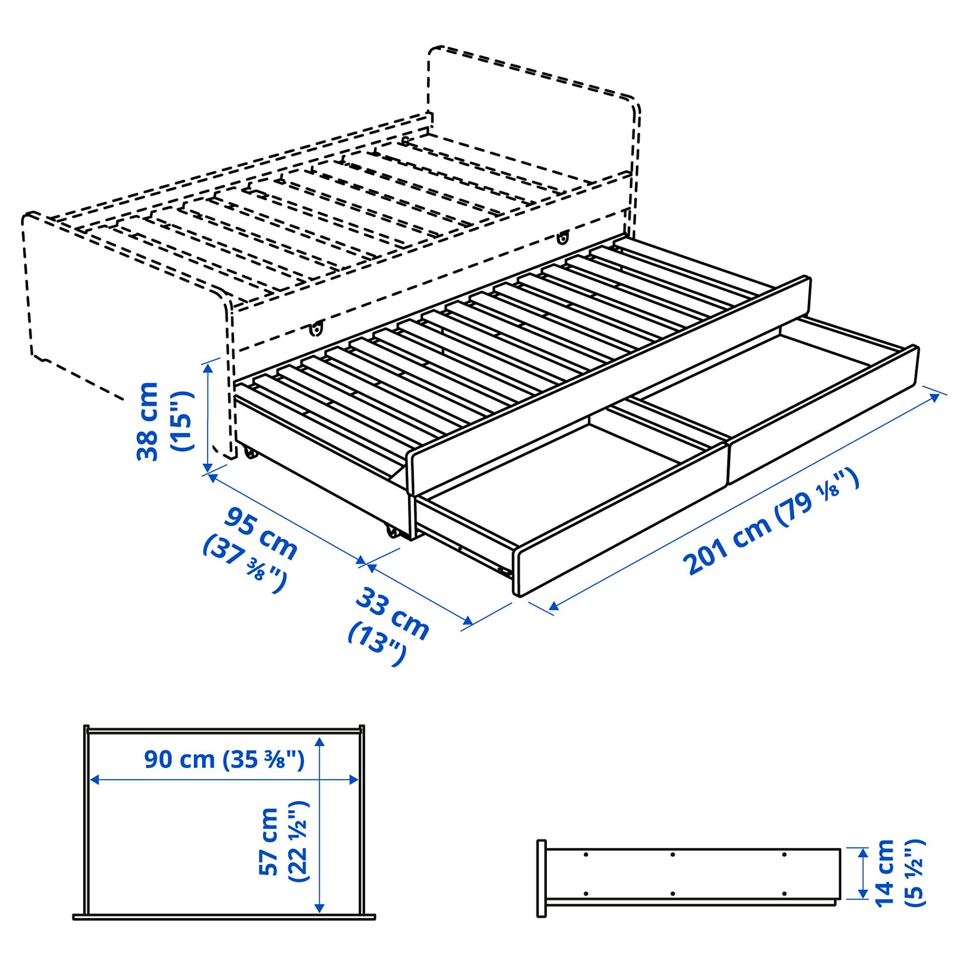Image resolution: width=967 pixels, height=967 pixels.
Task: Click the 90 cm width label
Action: pos(179,760)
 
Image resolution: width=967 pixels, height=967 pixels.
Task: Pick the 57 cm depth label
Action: pos(269,842)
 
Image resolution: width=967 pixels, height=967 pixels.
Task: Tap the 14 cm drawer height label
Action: pos(884,873)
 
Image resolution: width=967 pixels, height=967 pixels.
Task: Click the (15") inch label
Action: pos(181,422)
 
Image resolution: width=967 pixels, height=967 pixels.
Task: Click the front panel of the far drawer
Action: pos(821,416)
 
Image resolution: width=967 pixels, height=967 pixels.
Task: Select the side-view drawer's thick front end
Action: pos(541,878)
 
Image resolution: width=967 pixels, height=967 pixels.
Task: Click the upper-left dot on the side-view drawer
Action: pos(586,854)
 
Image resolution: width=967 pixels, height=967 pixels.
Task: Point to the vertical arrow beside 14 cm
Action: pos(863,873)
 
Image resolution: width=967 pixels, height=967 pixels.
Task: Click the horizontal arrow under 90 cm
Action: pos(224,779)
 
